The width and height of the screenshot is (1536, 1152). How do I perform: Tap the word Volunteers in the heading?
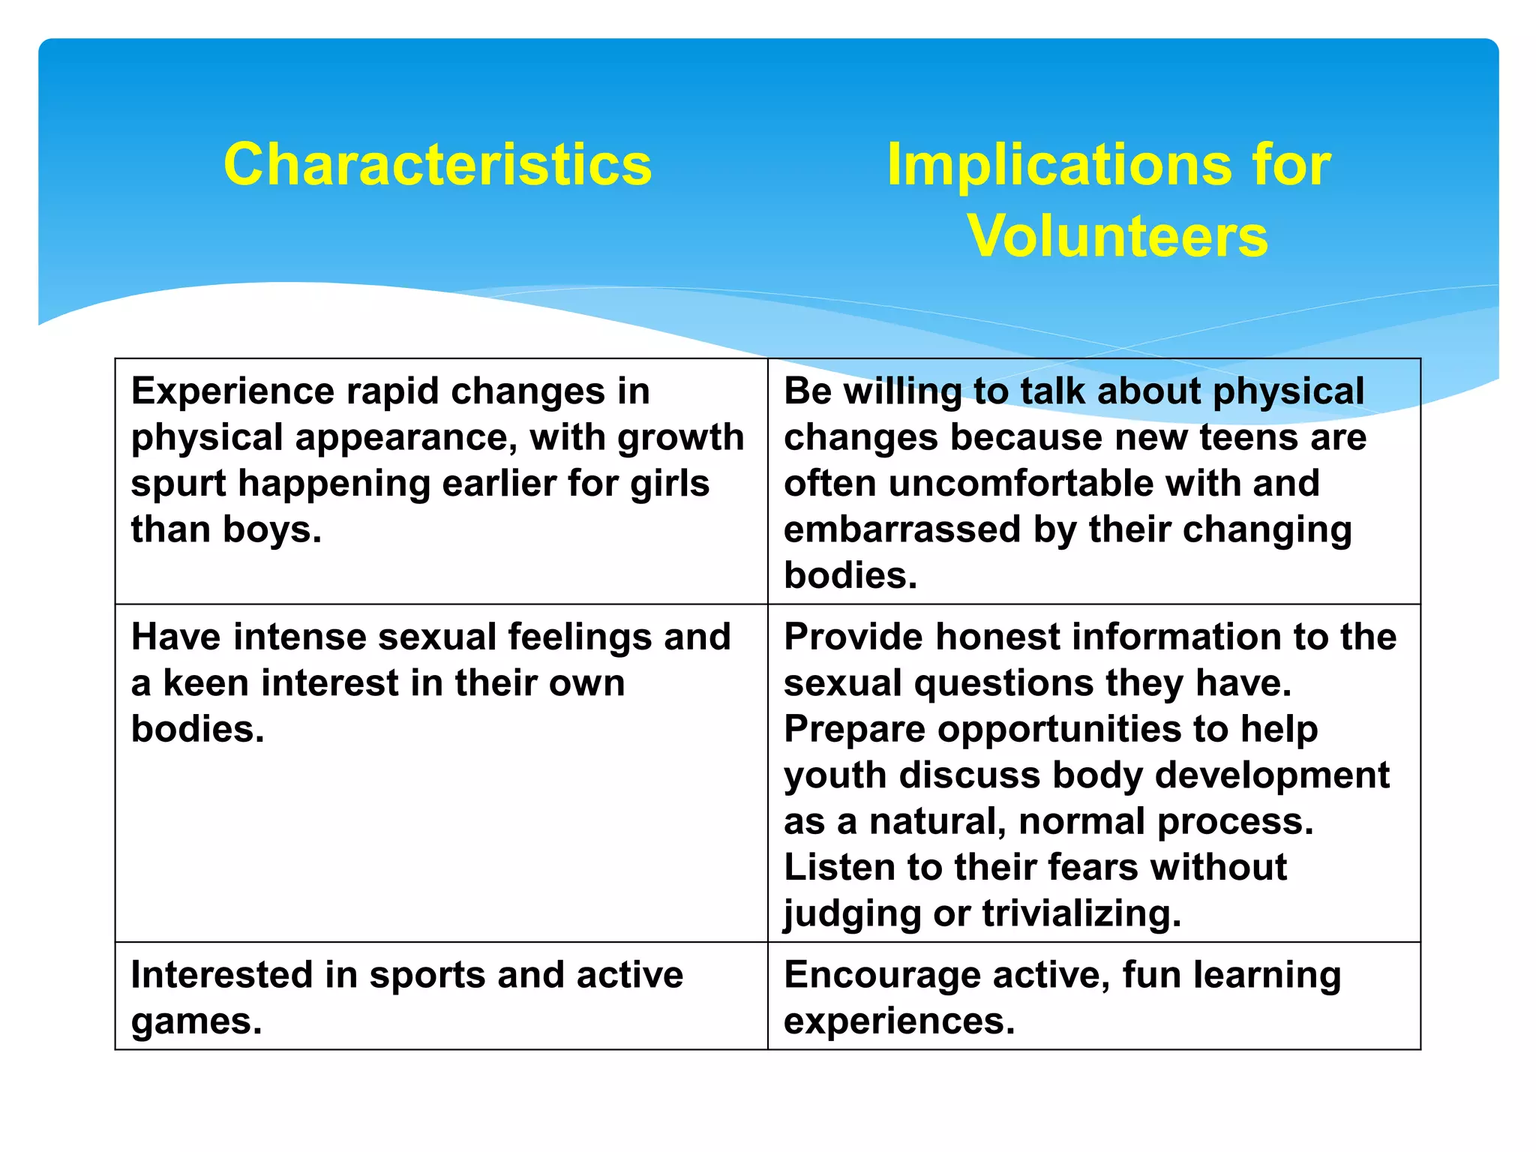tap(1117, 236)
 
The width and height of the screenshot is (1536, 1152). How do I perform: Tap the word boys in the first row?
tap(272, 529)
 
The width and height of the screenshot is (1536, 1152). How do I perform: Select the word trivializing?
tap(1081, 913)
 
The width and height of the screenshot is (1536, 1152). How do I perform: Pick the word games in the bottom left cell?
tap(196, 1021)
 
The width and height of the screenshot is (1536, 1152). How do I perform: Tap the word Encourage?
tap(882, 975)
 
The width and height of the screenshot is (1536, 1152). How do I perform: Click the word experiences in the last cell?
tap(898, 1021)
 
